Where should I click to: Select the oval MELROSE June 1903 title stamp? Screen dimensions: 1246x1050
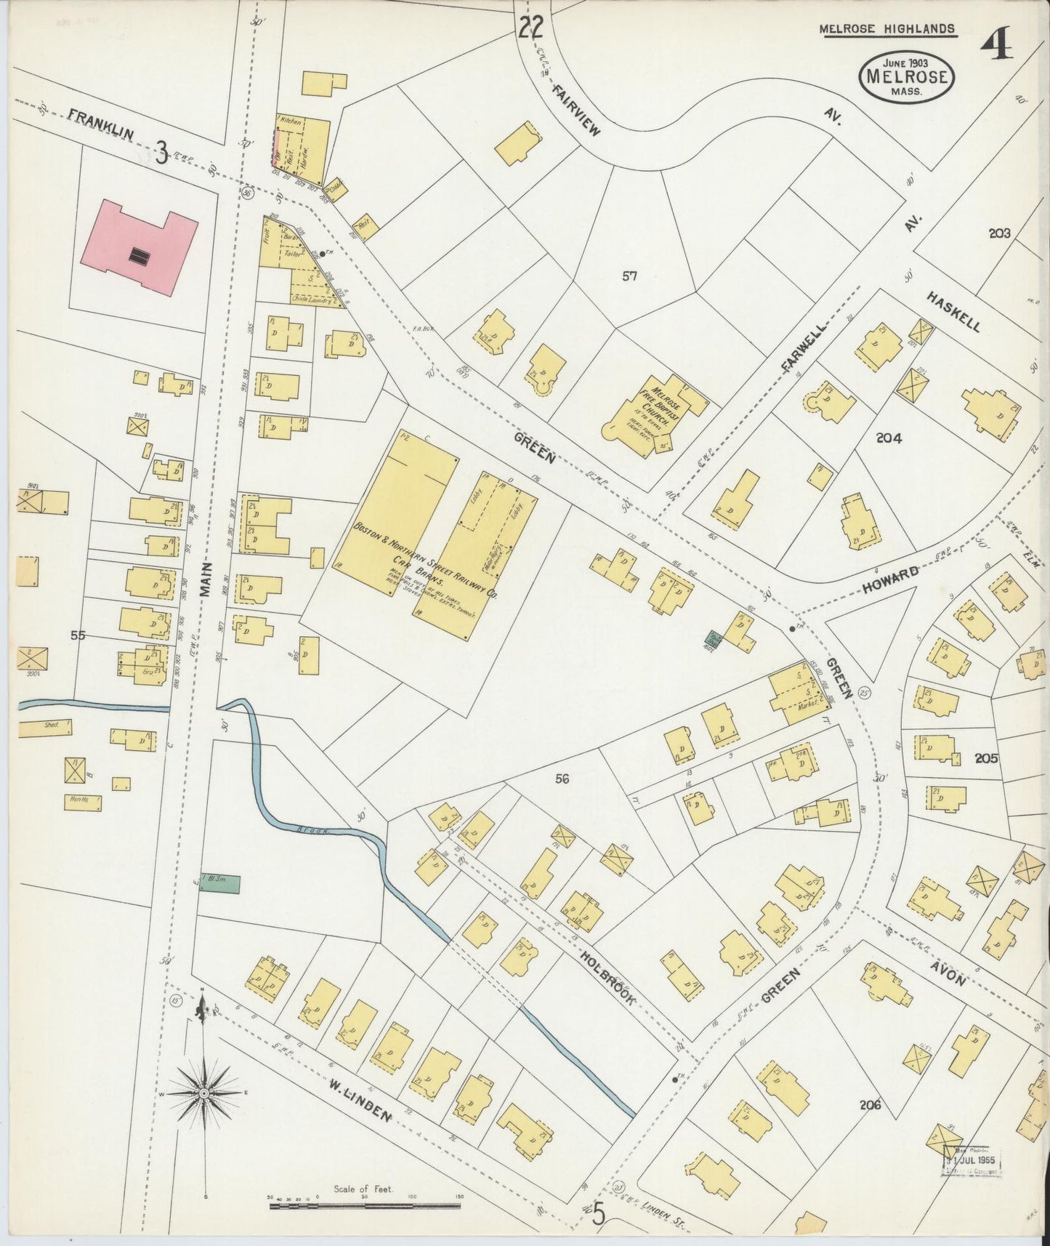coord(906,76)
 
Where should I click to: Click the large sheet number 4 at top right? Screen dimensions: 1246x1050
coord(996,47)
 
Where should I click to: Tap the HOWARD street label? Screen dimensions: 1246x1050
coord(892,574)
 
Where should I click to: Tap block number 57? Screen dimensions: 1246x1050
coord(629,276)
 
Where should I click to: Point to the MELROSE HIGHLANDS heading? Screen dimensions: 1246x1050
coord(887,29)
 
